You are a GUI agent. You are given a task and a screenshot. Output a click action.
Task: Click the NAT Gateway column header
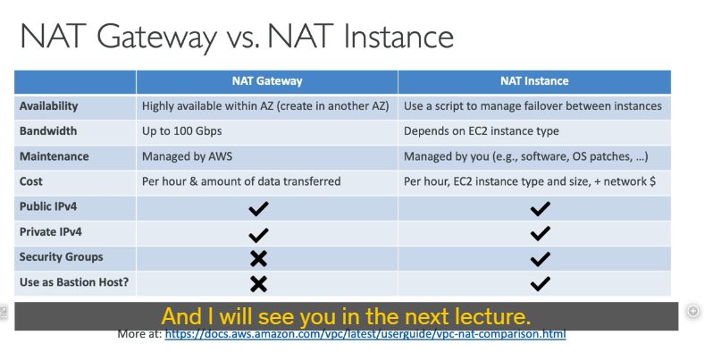267,81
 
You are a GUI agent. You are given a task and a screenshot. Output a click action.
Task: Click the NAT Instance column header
534,81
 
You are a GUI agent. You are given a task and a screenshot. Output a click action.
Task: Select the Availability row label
48,106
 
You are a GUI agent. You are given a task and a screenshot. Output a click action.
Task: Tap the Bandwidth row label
48,131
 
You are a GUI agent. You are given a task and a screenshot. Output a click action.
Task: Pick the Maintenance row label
54,156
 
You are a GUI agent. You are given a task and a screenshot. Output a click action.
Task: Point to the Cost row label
30,181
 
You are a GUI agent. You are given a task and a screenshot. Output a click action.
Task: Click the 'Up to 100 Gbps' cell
181,131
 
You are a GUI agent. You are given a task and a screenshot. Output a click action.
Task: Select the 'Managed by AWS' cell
187,156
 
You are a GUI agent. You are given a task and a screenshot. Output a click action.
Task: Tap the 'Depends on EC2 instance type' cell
482,131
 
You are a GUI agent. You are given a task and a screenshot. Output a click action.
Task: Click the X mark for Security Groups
258,259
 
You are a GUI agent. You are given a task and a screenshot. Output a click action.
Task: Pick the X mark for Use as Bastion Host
258,284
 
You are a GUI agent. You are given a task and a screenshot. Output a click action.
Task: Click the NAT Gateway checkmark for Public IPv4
258,209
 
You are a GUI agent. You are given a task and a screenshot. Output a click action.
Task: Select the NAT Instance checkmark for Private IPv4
540,234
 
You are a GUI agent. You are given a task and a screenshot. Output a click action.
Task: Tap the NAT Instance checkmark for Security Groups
540,259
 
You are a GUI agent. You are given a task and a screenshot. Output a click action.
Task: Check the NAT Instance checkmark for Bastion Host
540,284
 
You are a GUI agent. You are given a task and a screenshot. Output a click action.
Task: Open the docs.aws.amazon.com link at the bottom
365,334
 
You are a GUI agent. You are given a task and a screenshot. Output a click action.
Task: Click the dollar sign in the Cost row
652,181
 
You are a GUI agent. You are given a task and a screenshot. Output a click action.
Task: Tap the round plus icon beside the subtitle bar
693,311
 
